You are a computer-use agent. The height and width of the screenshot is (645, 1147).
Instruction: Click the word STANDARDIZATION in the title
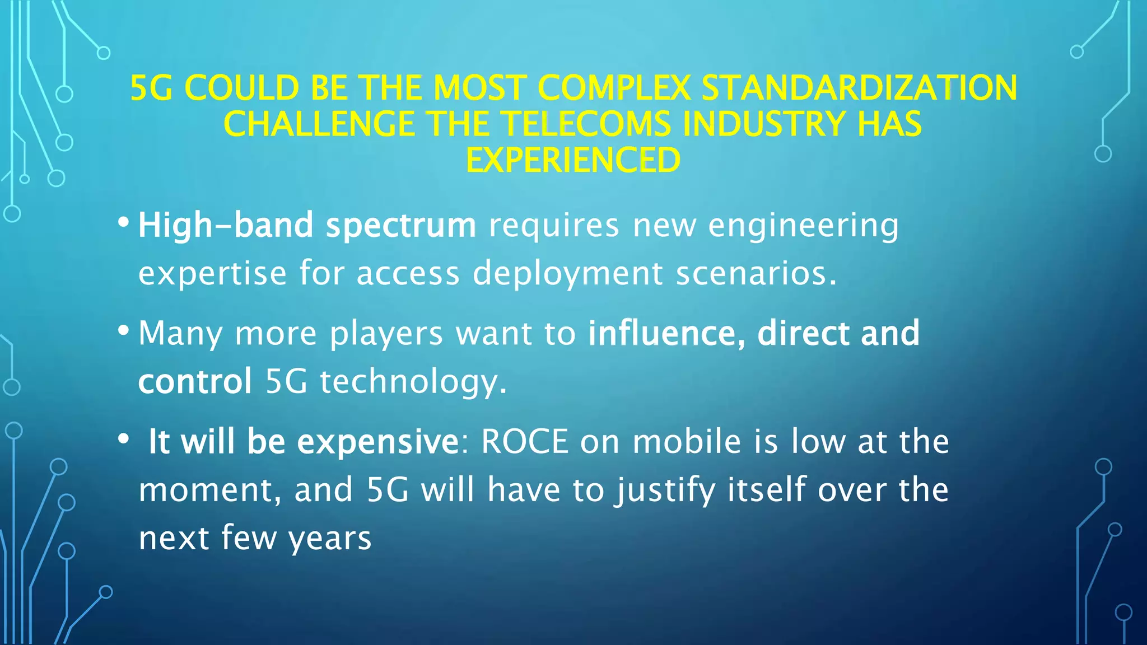[859, 88]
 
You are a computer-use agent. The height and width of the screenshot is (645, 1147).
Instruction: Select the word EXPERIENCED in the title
[573, 160]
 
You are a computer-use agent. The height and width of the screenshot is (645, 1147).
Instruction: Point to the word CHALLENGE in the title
[319, 124]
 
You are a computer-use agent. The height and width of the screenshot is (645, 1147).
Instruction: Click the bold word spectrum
[401, 225]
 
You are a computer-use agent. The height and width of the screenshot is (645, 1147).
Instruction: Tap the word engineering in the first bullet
[803, 226]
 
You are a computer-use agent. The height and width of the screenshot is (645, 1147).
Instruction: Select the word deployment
[568, 274]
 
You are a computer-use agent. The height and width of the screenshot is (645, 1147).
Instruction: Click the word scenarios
[756, 273]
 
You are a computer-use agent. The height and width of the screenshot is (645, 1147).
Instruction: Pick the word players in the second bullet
[386, 334]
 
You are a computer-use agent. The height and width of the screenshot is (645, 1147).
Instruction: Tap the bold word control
[195, 381]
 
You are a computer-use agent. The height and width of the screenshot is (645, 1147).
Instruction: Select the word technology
[413, 382]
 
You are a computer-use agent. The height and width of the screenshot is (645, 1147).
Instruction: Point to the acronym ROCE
[525, 441]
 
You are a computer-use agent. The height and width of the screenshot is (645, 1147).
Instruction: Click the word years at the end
[330, 539]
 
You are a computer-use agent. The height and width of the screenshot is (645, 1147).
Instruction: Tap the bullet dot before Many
[124, 331]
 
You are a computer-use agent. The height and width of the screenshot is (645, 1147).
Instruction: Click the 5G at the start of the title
[151, 88]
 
